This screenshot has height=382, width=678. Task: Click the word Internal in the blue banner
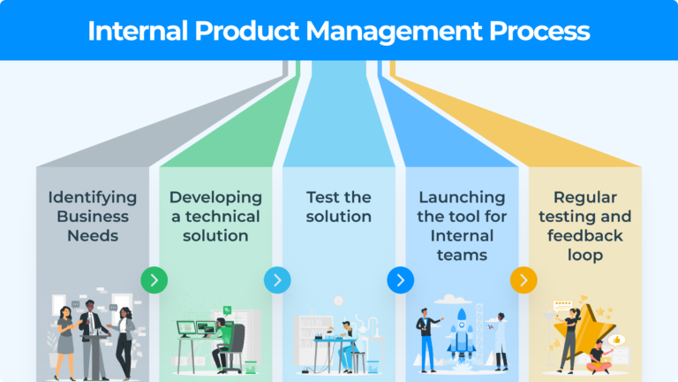point(140,31)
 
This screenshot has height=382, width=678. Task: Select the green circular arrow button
point(154,280)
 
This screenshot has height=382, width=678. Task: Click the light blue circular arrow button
point(276,280)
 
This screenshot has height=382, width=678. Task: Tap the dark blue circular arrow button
point(400,280)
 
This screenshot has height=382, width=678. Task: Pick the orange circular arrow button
point(524,280)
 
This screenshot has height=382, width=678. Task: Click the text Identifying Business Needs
point(92,217)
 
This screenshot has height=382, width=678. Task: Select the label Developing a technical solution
point(215,217)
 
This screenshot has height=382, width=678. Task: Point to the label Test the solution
point(338,207)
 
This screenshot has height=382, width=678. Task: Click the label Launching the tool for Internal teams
point(462,226)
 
